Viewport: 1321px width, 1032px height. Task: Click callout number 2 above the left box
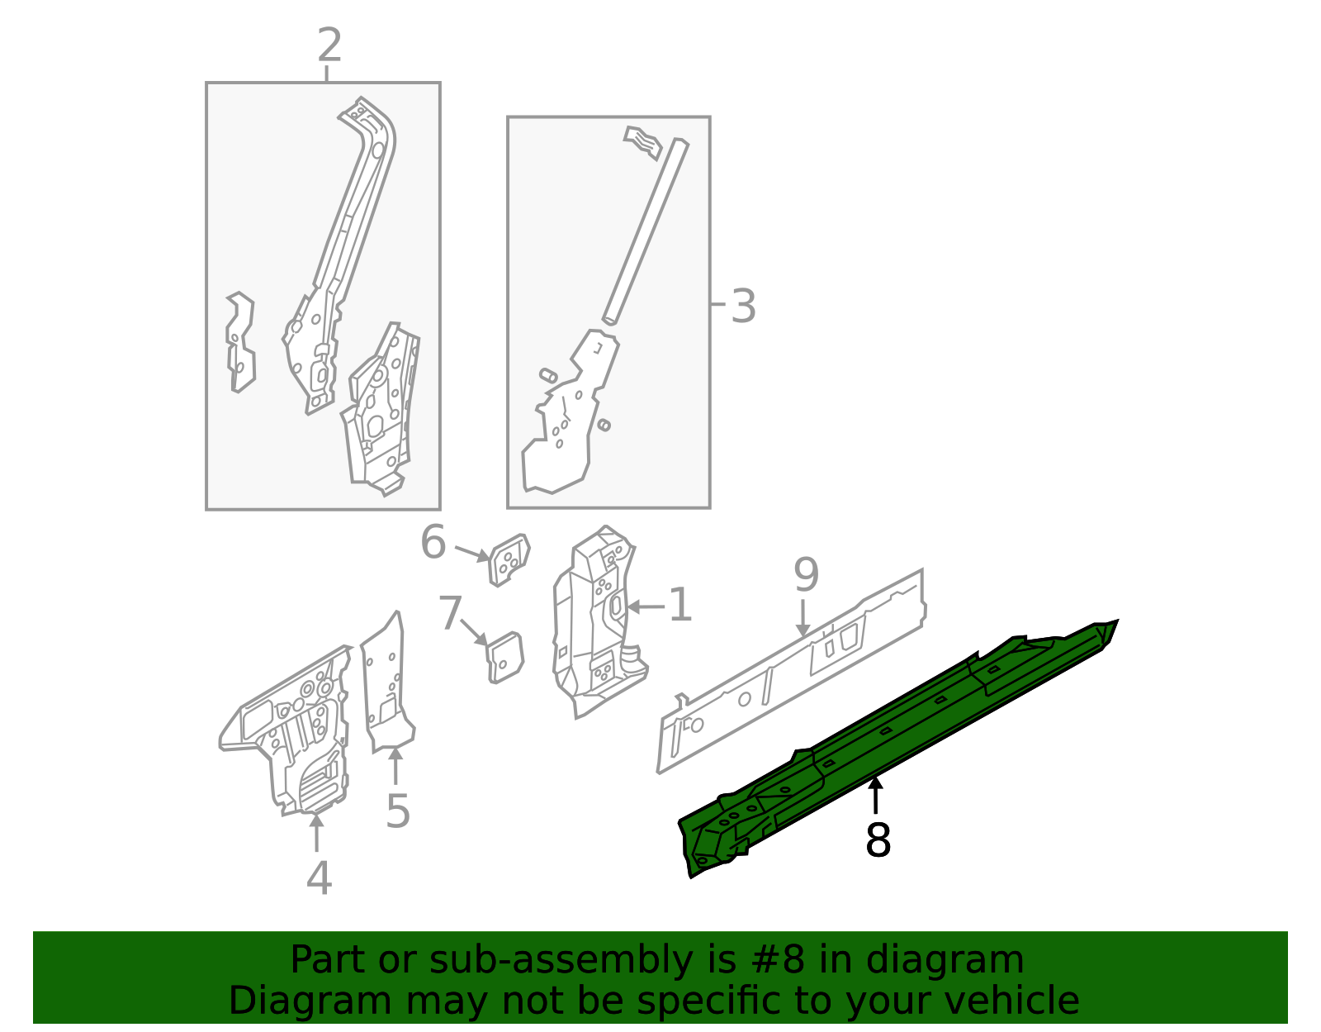click(x=329, y=45)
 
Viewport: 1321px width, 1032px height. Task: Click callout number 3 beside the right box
click(x=743, y=307)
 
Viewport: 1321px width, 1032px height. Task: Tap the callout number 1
click(x=679, y=606)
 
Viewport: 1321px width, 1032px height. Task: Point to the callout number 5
click(x=398, y=811)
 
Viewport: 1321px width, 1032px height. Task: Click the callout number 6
click(x=433, y=544)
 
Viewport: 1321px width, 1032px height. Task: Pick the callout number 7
click(x=450, y=614)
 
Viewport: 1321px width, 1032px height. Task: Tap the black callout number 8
click(x=878, y=840)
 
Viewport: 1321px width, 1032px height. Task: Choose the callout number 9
click(x=806, y=574)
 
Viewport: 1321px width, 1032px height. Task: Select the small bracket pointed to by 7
click(x=505, y=658)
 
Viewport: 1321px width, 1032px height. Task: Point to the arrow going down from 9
click(x=803, y=620)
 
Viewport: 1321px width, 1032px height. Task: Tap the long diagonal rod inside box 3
click(x=646, y=231)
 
